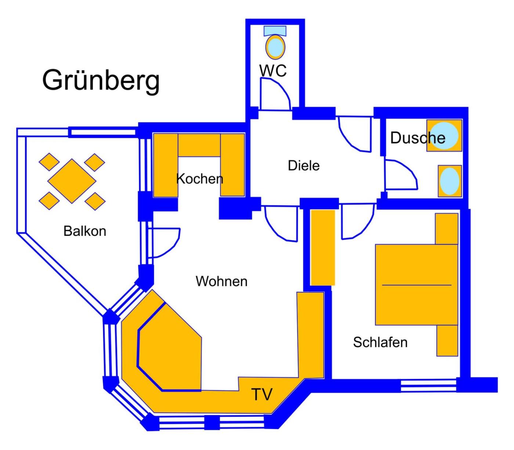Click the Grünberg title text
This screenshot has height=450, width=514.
click(101, 80)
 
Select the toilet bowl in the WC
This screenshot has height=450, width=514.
click(275, 47)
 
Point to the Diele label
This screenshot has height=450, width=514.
click(304, 166)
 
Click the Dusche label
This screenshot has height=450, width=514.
click(417, 138)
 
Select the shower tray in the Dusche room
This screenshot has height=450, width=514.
click(444, 136)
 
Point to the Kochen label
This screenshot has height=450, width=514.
click(199, 179)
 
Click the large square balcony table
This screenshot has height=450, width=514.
click(72, 181)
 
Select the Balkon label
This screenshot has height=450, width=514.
click(85, 231)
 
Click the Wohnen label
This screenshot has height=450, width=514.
click(221, 281)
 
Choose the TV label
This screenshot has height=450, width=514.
click(262, 394)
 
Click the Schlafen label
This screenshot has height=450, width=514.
click(380, 342)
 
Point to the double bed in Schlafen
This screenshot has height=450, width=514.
click(416, 285)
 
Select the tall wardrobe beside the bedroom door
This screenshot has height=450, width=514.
click(323, 247)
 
